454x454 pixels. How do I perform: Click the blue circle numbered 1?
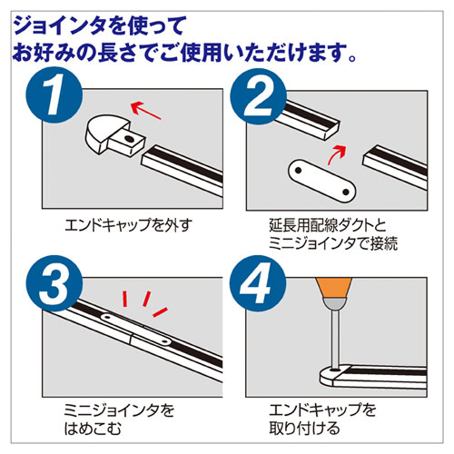point(54,94)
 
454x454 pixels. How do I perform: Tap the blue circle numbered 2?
point(258,96)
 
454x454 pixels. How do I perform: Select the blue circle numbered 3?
point(54,283)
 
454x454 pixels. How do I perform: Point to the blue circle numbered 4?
point(258,283)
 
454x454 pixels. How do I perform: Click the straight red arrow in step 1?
point(145,110)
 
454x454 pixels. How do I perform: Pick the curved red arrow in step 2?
point(337,154)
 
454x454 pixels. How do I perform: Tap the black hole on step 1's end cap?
point(129,139)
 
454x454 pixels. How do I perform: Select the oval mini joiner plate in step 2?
point(321,181)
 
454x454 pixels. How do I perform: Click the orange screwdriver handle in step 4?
point(334,288)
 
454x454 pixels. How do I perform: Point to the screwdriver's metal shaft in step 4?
point(334,339)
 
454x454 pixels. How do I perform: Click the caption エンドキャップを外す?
point(128,225)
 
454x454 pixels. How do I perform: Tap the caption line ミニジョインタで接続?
point(333,243)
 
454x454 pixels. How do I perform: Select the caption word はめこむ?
point(93,429)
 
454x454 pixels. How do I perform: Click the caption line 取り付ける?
point(304,429)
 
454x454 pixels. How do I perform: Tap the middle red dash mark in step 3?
point(146,299)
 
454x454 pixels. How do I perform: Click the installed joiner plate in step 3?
point(136,330)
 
